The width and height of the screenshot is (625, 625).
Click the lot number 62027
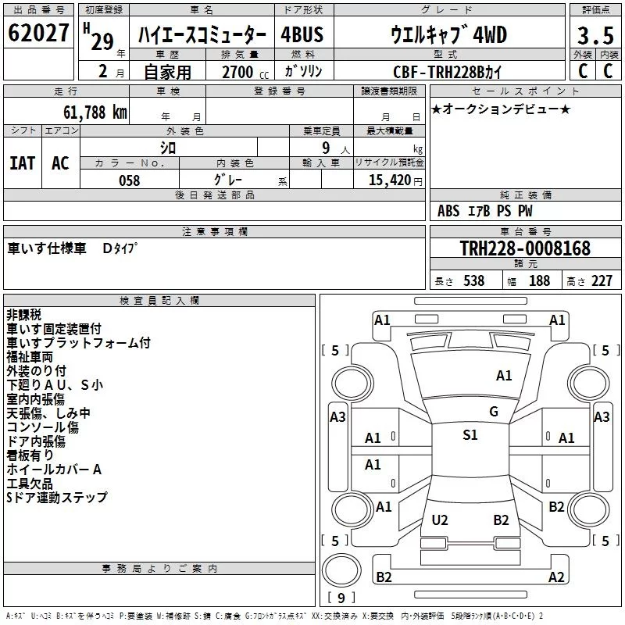(37, 34)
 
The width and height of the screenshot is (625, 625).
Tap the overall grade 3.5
(594, 37)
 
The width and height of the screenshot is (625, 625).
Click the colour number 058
(129, 180)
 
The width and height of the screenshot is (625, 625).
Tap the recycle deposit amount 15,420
(385, 180)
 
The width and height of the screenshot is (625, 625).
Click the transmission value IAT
(22, 163)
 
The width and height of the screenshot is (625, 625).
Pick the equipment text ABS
(448, 211)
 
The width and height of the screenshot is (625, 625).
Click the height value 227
(601, 281)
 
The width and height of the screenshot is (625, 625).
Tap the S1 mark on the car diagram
(470, 435)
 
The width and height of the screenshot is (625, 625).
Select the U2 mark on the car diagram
(440, 520)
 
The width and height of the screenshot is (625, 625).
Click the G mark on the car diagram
(493, 412)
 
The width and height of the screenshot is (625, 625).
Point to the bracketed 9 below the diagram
(341, 598)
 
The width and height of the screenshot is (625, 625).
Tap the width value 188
(539, 281)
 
